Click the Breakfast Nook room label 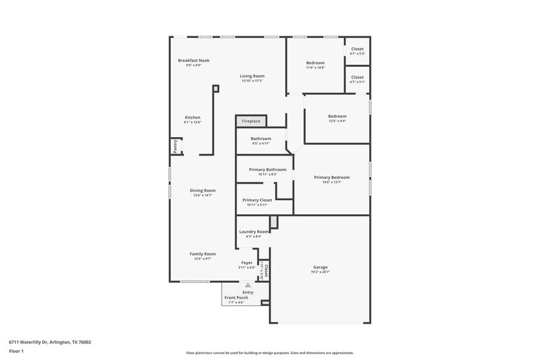pyautogui.click(x=193, y=61)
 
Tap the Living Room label pyautogui.click(x=252, y=76)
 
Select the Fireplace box pyautogui.click(x=251, y=121)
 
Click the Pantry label pyautogui.click(x=175, y=146)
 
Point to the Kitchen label pyautogui.click(x=192, y=118)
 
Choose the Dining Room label pyautogui.click(x=202, y=190)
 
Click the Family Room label pyautogui.click(x=202, y=253)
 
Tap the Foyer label pyautogui.click(x=246, y=263)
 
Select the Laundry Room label pyautogui.click(x=253, y=231)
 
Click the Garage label pyautogui.click(x=320, y=267)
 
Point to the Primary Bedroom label pyautogui.click(x=332, y=178)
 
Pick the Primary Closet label pyautogui.click(x=257, y=200)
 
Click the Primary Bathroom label pyautogui.click(x=267, y=170)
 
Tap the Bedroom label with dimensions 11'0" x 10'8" pyautogui.click(x=315, y=63)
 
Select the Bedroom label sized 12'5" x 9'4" pyautogui.click(x=337, y=116)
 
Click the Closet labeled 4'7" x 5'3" pyautogui.click(x=357, y=49)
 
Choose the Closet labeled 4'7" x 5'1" pyautogui.click(x=357, y=78)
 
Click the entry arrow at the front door pyautogui.click(x=248, y=285)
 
